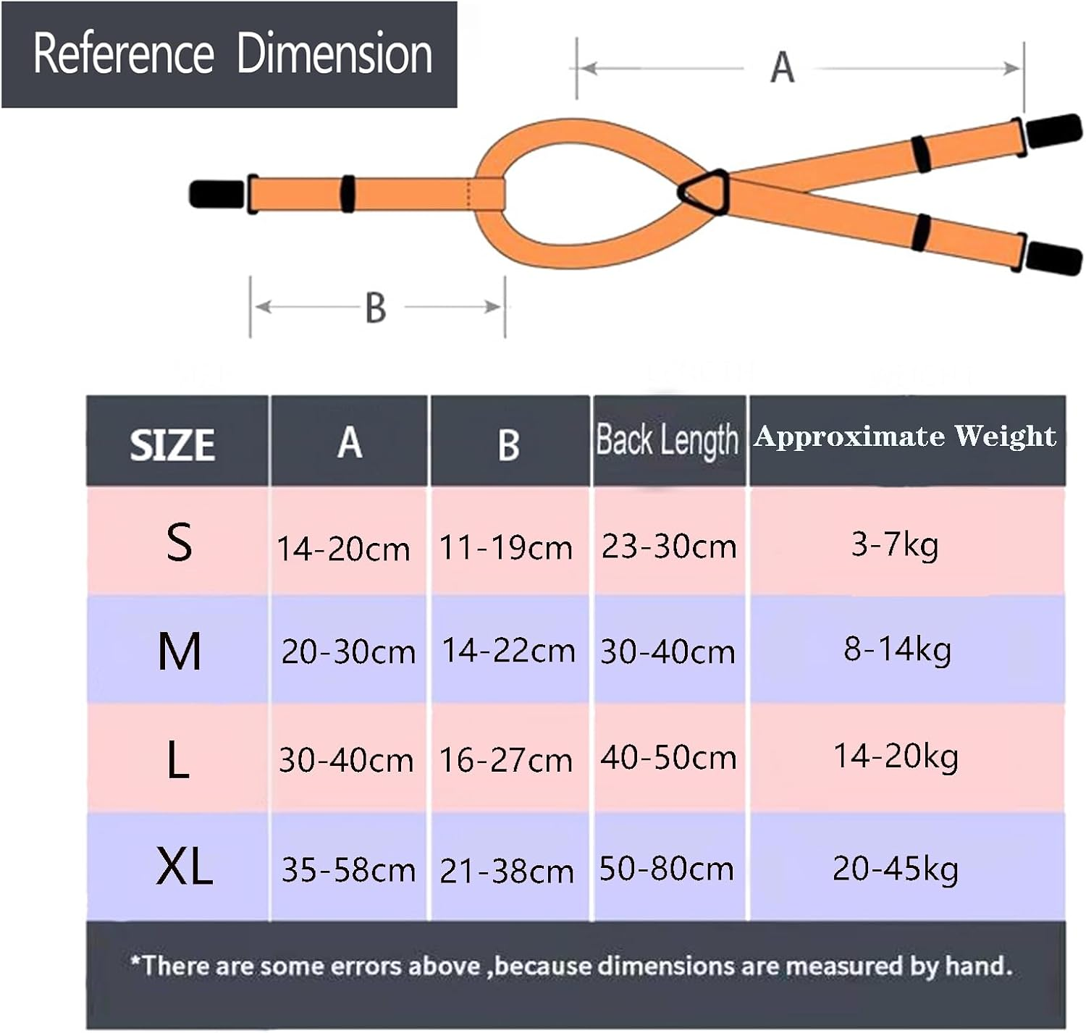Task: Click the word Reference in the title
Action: click(123, 54)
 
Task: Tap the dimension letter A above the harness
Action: click(782, 68)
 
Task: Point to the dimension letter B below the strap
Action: click(376, 308)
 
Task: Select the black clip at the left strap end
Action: click(216, 194)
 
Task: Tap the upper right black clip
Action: click(1054, 131)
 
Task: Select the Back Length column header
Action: click(667, 440)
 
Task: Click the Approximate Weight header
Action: click(905, 437)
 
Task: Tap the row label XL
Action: click(184, 867)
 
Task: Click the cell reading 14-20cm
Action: click(343, 549)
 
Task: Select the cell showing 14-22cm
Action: click(508, 651)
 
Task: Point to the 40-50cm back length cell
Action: click(668, 758)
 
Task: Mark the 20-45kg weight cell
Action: click(896, 869)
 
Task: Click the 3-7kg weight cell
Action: click(895, 544)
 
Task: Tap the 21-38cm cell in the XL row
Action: click(507, 871)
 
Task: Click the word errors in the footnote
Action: click(442, 966)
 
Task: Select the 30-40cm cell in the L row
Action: click(346, 760)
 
